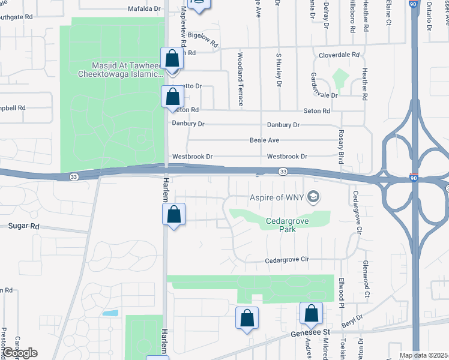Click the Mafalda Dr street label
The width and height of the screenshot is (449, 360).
click(145, 9)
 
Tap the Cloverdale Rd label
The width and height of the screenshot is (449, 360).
click(339, 54)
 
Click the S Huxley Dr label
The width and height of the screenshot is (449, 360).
click(279, 71)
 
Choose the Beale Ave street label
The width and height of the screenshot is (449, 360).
click(264, 140)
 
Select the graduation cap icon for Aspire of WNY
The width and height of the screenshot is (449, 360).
click(313, 197)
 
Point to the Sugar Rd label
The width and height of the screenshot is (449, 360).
click(23, 226)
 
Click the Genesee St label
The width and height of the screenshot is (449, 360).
click(310, 332)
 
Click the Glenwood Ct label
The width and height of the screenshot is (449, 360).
click(365, 280)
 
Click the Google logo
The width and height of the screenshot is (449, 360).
click(20, 353)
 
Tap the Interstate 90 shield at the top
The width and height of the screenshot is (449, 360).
click(414, 4)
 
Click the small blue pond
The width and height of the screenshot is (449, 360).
click(110, 313)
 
